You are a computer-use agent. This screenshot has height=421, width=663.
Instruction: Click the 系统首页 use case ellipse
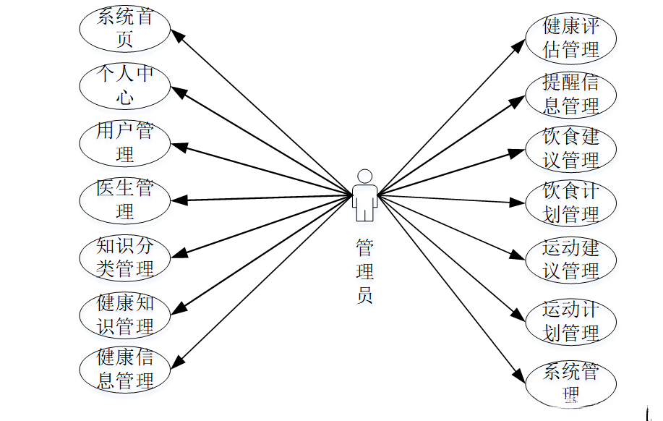point(124,28)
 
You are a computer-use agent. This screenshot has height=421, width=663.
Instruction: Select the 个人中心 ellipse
point(124,85)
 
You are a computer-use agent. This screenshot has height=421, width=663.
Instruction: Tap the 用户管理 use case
point(124,143)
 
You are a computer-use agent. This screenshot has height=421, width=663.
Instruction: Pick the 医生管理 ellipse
point(124,200)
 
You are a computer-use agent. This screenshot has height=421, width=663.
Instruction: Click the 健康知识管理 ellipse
point(124,314)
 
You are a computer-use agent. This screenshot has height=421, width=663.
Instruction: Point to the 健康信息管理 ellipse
point(124,369)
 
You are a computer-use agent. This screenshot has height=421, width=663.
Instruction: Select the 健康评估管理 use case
point(571,38)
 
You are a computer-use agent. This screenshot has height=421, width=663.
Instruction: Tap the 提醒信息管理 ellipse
point(571,94)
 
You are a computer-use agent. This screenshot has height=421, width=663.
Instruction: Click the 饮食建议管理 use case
point(571,148)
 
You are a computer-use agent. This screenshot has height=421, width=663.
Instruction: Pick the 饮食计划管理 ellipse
point(571,203)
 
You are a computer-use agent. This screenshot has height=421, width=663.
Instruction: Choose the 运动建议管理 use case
point(571,260)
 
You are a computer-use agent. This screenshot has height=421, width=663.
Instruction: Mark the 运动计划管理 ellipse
point(571,321)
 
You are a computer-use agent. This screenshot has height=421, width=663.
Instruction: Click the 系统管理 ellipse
point(571,382)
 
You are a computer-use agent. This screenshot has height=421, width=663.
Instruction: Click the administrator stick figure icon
point(365,195)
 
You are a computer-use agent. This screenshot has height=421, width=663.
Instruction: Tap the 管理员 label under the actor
point(365,271)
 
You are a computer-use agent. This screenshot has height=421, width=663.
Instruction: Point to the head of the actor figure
point(365,176)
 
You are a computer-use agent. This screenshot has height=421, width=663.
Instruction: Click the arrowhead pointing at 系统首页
point(176,34)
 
